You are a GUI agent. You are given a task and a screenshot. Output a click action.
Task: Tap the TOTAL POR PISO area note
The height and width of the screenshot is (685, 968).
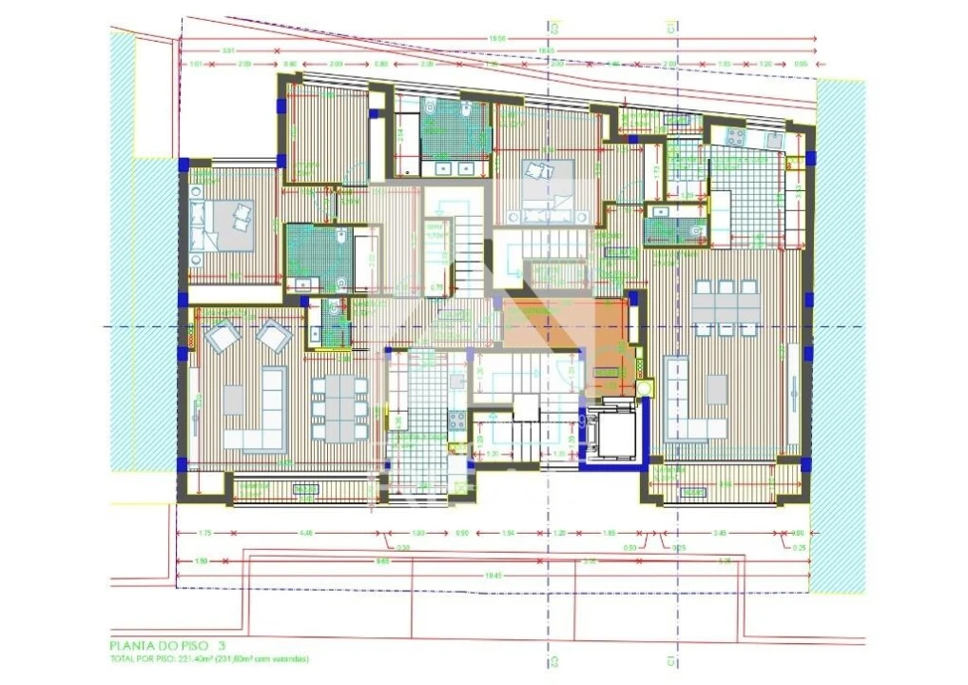[x=208, y=658]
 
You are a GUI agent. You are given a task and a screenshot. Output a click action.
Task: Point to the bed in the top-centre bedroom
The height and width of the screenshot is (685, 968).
[x=545, y=178]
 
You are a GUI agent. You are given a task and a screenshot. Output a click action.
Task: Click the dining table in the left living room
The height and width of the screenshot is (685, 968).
[x=339, y=406]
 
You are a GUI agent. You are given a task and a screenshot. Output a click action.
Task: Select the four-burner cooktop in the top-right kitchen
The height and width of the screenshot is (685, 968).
[x=736, y=137]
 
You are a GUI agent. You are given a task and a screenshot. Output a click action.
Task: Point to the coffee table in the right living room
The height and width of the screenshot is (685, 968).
[x=717, y=387]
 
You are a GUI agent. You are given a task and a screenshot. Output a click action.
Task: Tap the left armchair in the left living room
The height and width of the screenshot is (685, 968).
[x=224, y=335]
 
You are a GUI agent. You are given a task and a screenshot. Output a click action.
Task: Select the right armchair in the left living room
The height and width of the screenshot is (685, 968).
[x=275, y=334]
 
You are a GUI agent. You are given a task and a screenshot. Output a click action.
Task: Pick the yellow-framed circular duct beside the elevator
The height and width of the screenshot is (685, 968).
[x=647, y=388]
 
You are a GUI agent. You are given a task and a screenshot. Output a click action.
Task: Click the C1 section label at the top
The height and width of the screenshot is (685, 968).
[x=671, y=29]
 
